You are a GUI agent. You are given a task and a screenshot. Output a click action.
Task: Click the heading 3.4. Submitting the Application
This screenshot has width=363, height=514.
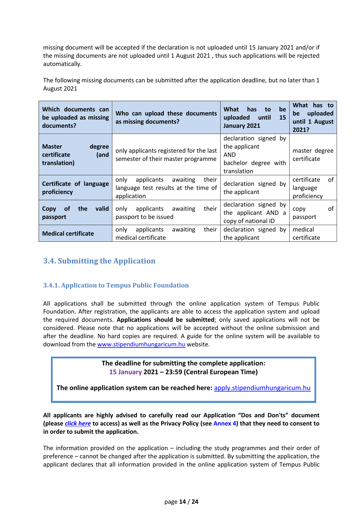(99, 261)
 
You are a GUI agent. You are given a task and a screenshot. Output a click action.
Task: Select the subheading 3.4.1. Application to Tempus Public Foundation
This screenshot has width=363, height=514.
(116, 285)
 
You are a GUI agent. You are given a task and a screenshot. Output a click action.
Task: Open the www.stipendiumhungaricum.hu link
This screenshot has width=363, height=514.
(141, 344)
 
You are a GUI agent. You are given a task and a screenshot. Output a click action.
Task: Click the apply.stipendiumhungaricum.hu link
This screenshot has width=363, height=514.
(262, 388)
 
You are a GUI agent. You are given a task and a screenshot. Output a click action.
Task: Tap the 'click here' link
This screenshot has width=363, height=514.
(78, 423)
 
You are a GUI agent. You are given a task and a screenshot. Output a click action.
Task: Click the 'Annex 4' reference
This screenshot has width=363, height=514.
(224, 423)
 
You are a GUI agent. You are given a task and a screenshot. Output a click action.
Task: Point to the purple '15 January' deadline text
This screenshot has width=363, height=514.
(125, 372)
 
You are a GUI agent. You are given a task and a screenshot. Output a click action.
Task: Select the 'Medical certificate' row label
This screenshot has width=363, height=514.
(68, 234)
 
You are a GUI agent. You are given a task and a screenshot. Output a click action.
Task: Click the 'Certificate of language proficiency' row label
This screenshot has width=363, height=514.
(75, 188)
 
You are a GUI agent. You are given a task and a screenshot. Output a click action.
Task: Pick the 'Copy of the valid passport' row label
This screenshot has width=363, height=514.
(75, 213)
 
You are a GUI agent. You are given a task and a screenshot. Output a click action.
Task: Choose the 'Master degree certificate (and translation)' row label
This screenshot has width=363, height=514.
(75, 155)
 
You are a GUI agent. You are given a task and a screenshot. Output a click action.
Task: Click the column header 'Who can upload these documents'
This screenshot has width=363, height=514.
(166, 118)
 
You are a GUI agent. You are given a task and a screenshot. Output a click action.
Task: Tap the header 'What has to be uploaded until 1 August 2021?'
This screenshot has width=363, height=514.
(313, 118)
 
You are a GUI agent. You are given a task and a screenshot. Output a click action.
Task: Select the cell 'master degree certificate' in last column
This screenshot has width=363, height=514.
(313, 155)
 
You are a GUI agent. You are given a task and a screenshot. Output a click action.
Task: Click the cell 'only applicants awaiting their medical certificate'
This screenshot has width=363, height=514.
(166, 234)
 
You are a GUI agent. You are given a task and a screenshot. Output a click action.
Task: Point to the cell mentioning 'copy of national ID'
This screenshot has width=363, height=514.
(254, 213)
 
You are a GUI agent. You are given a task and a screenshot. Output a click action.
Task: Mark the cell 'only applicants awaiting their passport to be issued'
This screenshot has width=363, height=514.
(166, 213)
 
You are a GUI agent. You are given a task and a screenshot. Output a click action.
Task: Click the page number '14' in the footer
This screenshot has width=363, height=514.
(183, 502)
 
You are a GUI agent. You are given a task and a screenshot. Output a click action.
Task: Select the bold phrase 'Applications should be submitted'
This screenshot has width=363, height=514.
(165, 320)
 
